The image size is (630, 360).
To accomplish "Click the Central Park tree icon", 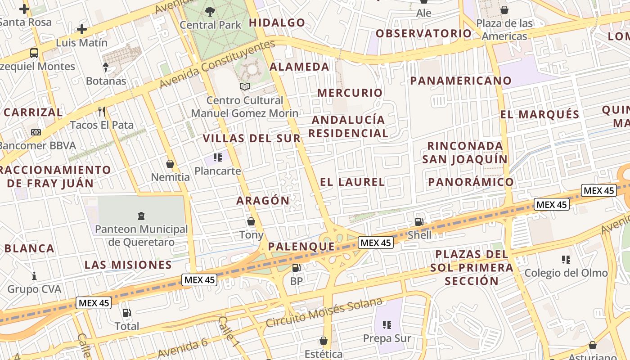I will pyautogui.click(x=210, y=11).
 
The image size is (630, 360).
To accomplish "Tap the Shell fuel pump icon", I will pyautogui.click(x=419, y=221).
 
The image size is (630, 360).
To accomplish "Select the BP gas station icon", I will pyautogui.click(x=296, y=268).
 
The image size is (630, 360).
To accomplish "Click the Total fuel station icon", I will pyautogui.click(x=126, y=313).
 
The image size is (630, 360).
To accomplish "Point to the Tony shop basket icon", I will pyautogui.click(x=251, y=221).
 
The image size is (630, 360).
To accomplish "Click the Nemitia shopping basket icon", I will pyautogui.click(x=170, y=164).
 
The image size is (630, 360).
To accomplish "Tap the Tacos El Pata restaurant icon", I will pyautogui.click(x=102, y=111).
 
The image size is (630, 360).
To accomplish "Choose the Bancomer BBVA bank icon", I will pyautogui.click(x=36, y=132).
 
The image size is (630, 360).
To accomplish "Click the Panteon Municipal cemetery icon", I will pyautogui.click(x=141, y=216).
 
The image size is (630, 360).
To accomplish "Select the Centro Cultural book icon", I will pyautogui.click(x=245, y=86).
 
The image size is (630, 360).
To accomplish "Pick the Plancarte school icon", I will pyautogui.click(x=218, y=157).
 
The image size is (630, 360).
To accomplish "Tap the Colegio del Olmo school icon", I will pyautogui.click(x=566, y=259).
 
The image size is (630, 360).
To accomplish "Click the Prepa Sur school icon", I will pyautogui.click(x=387, y=324).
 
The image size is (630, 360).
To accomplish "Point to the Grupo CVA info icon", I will pyautogui.click(x=34, y=275).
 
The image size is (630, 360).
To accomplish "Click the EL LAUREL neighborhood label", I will pyautogui.click(x=352, y=182).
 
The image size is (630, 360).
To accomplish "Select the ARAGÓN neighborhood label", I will pyautogui.click(x=263, y=201).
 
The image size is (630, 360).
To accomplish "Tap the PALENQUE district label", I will pyautogui.click(x=301, y=247).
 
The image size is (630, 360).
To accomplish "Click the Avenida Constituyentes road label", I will pyautogui.click(x=217, y=64).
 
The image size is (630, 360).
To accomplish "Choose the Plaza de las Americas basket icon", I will pyautogui.click(x=504, y=10).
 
